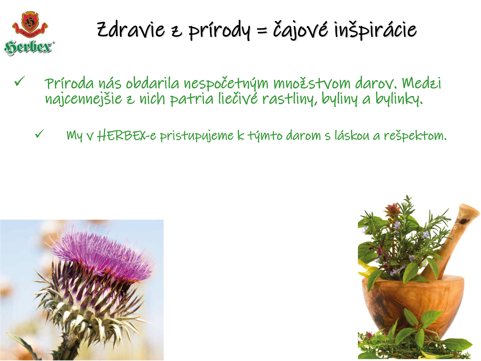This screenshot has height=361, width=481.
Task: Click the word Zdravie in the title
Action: [x=131, y=30]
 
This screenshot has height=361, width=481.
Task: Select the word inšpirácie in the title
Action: [x=376, y=30]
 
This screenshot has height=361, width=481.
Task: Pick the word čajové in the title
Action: [x=300, y=30]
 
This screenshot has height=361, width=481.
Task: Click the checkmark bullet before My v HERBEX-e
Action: [x=40, y=134]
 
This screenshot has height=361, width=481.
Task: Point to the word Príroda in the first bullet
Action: [x=69, y=83]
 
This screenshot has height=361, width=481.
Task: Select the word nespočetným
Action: [x=226, y=83]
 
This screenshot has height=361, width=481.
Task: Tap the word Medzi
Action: [x=421, y=83]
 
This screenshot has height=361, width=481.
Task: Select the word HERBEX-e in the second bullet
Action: [x=127, y=136]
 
